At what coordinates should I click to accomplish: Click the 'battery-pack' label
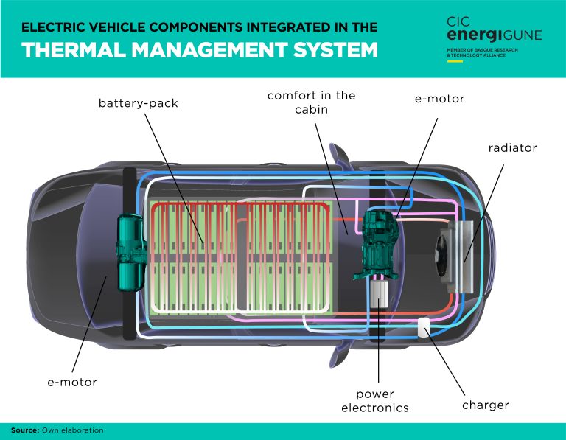(x=139, y=103)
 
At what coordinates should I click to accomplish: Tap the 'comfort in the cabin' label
(x=311, y=103)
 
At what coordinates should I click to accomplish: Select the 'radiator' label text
(x=512, y=148)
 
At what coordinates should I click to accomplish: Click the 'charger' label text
(x=485, y=405)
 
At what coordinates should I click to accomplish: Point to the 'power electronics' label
(x=374, y=400)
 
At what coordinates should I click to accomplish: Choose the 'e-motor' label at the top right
(x=439, y=98)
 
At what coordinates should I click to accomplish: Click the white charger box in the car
(x=424, y=327)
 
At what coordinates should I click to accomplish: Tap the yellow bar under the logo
(x=455, y=60)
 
